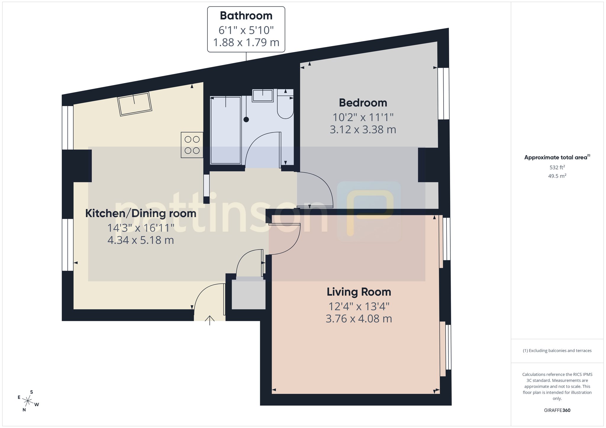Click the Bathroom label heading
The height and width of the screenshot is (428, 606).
pos(246,16)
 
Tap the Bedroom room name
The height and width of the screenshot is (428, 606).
pos(363,103)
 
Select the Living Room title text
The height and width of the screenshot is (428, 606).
pos(359,292)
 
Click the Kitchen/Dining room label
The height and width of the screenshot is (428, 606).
pos(141,213)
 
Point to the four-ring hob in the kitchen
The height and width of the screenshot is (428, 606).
pos(192,145)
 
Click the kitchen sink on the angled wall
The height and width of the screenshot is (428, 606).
pos(135,104)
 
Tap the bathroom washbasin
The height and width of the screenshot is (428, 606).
pos(263,95)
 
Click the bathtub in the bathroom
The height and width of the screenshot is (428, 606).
pos(226,130)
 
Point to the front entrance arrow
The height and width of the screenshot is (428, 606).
pos(210,320)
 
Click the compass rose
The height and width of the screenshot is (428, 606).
pos(28,401)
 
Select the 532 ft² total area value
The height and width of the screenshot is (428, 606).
pos(557,167)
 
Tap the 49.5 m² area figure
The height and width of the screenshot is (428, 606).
pos(557,176)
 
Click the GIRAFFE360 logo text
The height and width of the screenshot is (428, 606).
pos(557,410)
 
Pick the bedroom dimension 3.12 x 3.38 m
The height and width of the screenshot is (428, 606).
pos(363,129)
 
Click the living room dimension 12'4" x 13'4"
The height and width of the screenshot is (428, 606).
pos(359,307)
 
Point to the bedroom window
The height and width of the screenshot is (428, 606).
pos(443,93)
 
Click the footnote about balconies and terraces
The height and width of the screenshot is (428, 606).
pos(557,351)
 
